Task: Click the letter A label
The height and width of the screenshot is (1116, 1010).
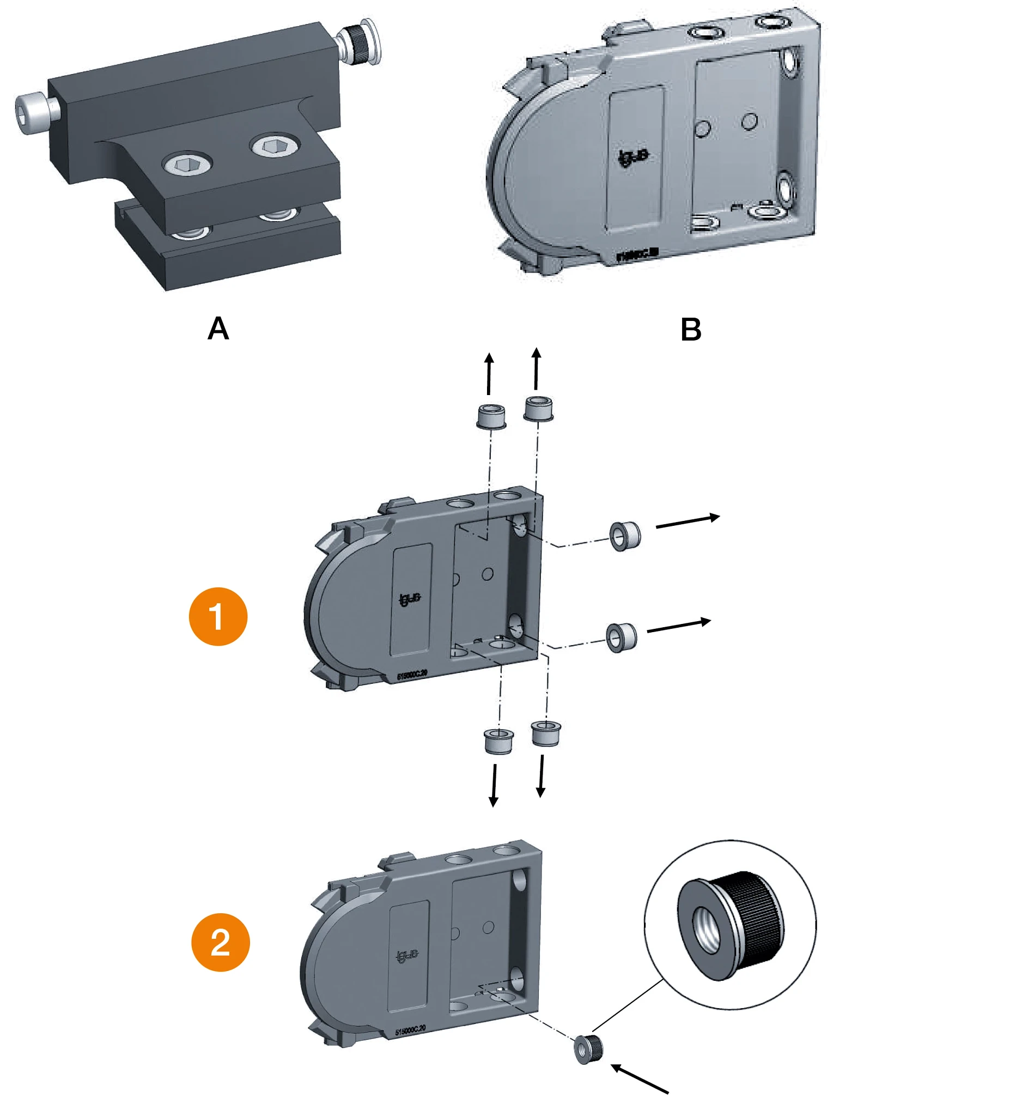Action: tap(218, 328)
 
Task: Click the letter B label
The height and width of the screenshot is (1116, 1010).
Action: tap(690, 330)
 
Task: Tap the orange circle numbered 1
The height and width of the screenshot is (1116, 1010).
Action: tap(218, 616)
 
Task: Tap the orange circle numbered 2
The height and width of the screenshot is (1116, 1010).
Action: tap(220, 942)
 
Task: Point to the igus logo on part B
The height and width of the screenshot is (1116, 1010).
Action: tap(633, 158)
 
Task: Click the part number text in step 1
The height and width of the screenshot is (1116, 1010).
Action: tap(412, 675)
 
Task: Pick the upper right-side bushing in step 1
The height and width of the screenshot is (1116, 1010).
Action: tap(625, 536)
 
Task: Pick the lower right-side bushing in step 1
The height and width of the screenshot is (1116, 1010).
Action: tap(622, 637)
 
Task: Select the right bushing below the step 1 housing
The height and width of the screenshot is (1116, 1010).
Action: tap(546, 733)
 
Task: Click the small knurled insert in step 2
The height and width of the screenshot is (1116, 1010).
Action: tap(588, 1049)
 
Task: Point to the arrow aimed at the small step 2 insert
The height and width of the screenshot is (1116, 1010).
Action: tap(640, 1078)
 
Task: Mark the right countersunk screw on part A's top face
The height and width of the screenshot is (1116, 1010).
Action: tap(275, 145)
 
